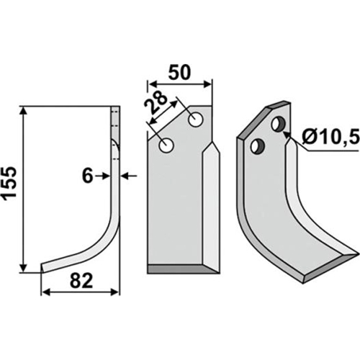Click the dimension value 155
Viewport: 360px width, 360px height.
[x=9, y=182]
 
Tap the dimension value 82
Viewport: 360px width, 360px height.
[x=81, y=281]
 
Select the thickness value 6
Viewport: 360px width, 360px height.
[x=87, y=176]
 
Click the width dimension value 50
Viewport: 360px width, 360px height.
[x=179, y=72]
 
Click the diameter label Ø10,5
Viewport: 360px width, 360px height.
[x=330, y=137]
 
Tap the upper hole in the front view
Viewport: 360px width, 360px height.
[x=196, y=119]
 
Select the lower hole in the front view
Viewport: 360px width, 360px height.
[x=166, y=145]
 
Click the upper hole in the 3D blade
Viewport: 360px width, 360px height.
[x=278, y=124]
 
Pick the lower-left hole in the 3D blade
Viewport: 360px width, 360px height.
[x=258, y=147]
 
